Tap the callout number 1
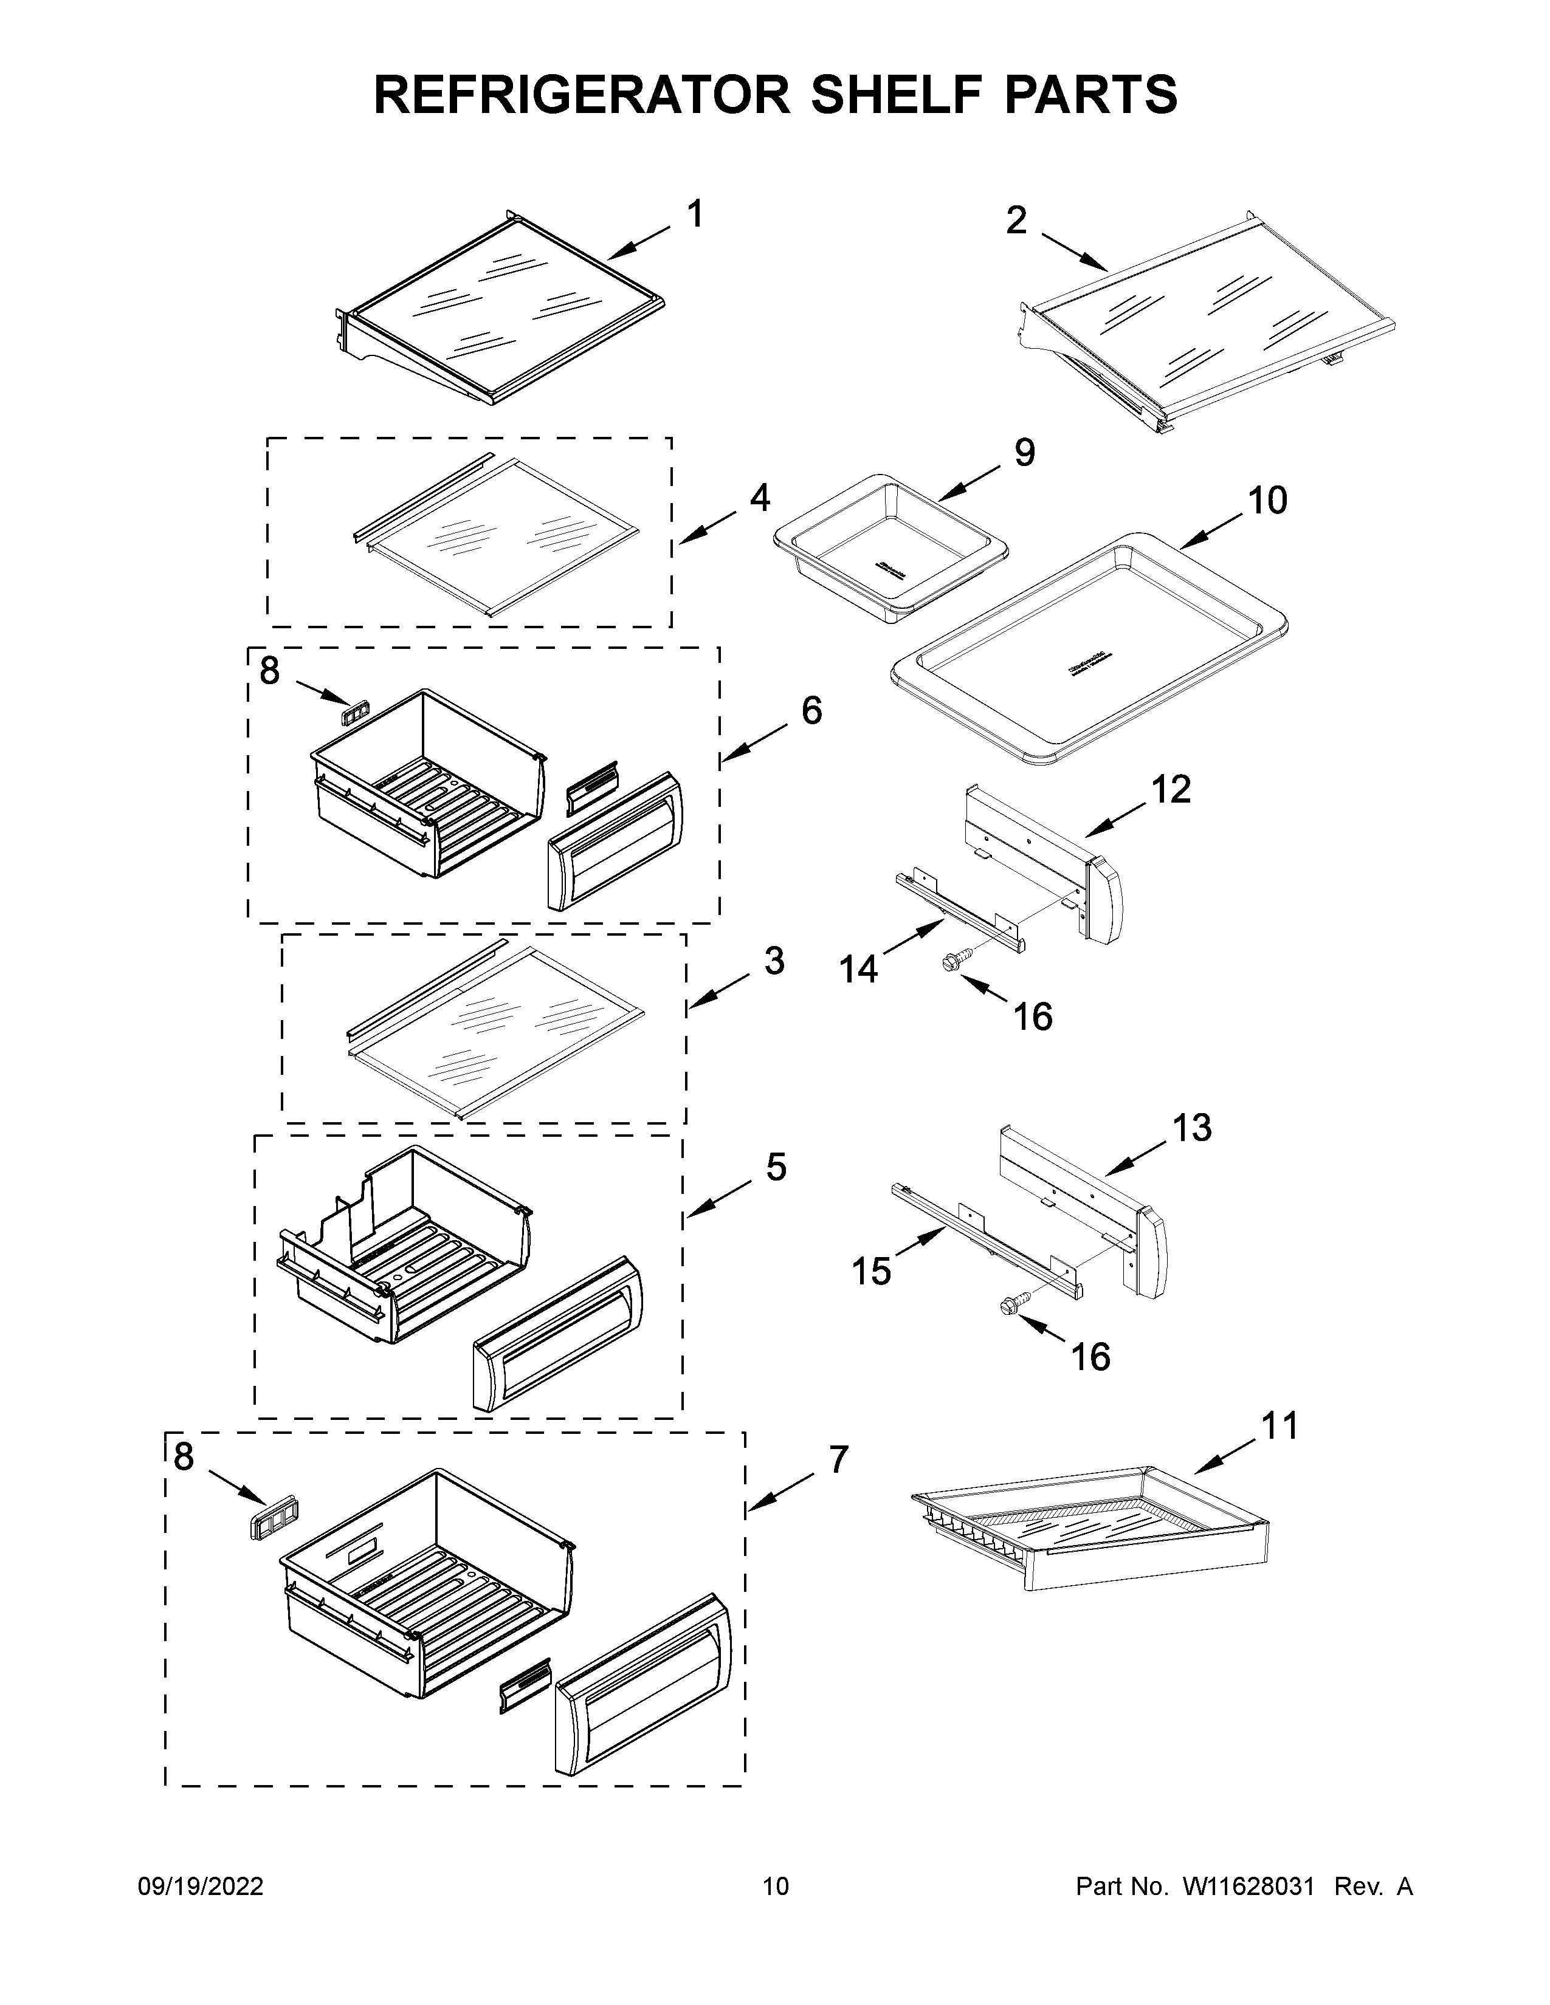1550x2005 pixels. point(695,215)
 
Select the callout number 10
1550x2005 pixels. point(1267,501)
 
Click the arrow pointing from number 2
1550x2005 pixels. point(1074,253)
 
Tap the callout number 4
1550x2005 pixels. point(759,498)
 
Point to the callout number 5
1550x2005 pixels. point(776,1168)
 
